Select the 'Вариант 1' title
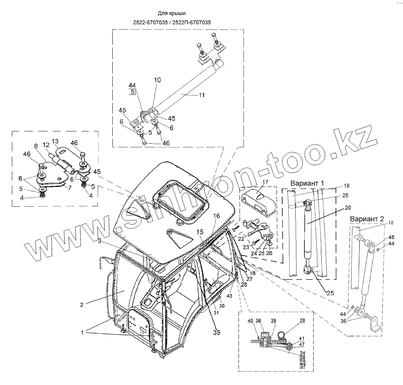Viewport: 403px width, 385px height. click(x=308, y=183)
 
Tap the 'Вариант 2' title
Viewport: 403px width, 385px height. click(x=366, y=219)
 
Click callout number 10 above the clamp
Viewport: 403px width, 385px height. click(x=158, y=80)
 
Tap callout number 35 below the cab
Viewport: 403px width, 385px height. click(x=217, y=333)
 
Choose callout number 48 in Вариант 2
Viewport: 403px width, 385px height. click(x=391, y=237)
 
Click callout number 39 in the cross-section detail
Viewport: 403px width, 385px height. click(x=273, y=321)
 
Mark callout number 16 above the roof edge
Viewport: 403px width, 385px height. click(x=217, y=216)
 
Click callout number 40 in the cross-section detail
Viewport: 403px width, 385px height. click(x=250, y=321)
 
